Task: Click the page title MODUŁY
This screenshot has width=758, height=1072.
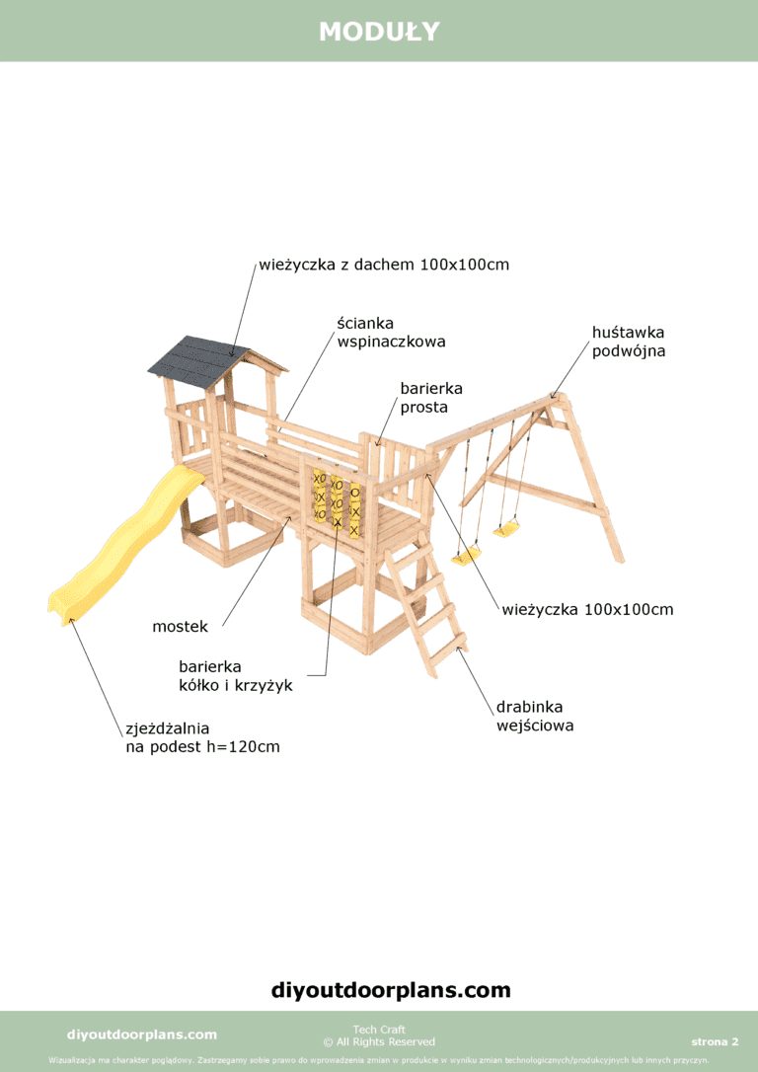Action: pos(379,32)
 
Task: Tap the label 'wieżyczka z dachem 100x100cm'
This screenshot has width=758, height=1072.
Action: pos(384,265)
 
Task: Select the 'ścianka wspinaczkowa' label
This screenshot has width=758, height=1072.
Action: pos(391,333)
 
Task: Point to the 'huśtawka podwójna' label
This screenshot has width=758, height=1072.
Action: pos(629,342)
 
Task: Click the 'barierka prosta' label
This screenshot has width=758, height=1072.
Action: pos(431,398)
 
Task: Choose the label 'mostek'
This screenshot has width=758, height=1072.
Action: pos(180,626)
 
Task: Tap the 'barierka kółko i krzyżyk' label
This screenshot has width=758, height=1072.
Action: pos(236,675)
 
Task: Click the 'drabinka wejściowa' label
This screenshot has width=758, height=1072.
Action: pos(535,716)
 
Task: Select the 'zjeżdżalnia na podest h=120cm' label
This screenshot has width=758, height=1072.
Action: pos(203,737)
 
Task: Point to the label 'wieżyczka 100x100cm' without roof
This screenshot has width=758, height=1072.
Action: pos(588,609)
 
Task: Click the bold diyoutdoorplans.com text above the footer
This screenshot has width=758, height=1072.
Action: pos(391,989)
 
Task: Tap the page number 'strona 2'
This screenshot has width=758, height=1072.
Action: pos(715,1042)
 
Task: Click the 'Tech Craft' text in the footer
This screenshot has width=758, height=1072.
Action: pos(379,1029)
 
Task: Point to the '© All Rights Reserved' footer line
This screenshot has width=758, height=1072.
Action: pos(379,1042)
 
